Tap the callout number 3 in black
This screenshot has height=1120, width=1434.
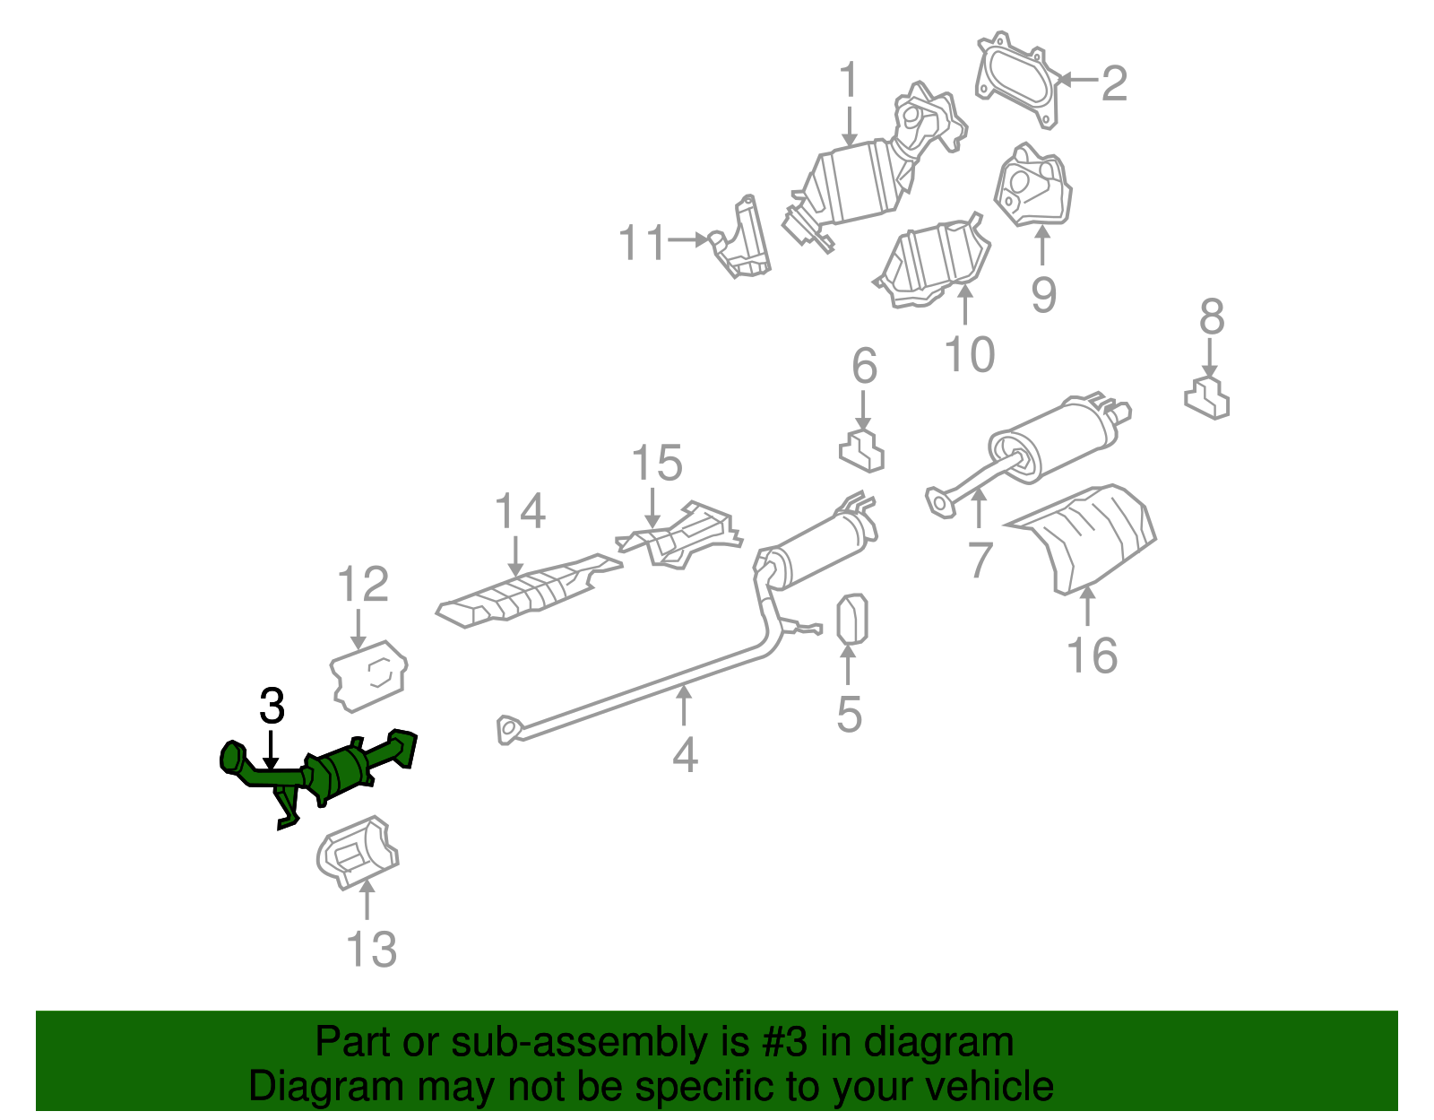point(272,708)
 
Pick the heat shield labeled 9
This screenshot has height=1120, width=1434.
point(1032,189)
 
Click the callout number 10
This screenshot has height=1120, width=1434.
point(969,354)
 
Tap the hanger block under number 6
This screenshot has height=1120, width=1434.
point(862,451)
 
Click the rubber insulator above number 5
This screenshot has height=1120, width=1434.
point(851,619)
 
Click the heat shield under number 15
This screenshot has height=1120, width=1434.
point(681,536)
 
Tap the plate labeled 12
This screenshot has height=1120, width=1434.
point(369,674)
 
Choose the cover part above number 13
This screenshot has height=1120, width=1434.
point(357,853)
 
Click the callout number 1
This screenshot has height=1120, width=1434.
point(848,82)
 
